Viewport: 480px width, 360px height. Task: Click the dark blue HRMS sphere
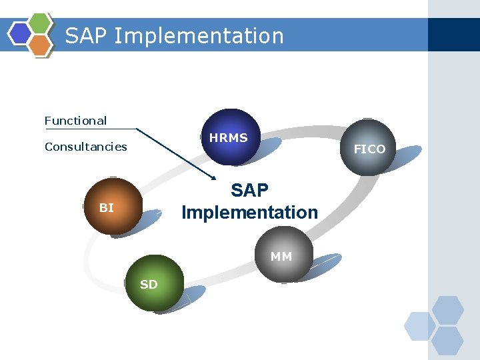tap(231, 137)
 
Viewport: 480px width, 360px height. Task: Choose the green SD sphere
tap(153, 283)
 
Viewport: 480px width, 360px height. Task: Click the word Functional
tap(75, 121)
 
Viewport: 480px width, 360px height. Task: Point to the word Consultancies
tap(85, 147)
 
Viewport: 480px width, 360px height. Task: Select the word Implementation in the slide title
tap(199, 35)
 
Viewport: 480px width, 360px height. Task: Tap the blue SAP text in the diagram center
tap(249, 191)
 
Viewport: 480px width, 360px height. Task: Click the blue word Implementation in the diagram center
tap(249, 213)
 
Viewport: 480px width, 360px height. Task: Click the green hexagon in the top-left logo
tap(41, 23)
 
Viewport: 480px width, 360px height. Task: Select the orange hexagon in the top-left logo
tap(40, 45)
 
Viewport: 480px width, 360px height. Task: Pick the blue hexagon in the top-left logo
tap(19, 33)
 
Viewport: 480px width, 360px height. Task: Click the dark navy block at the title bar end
tap(453, 35)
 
